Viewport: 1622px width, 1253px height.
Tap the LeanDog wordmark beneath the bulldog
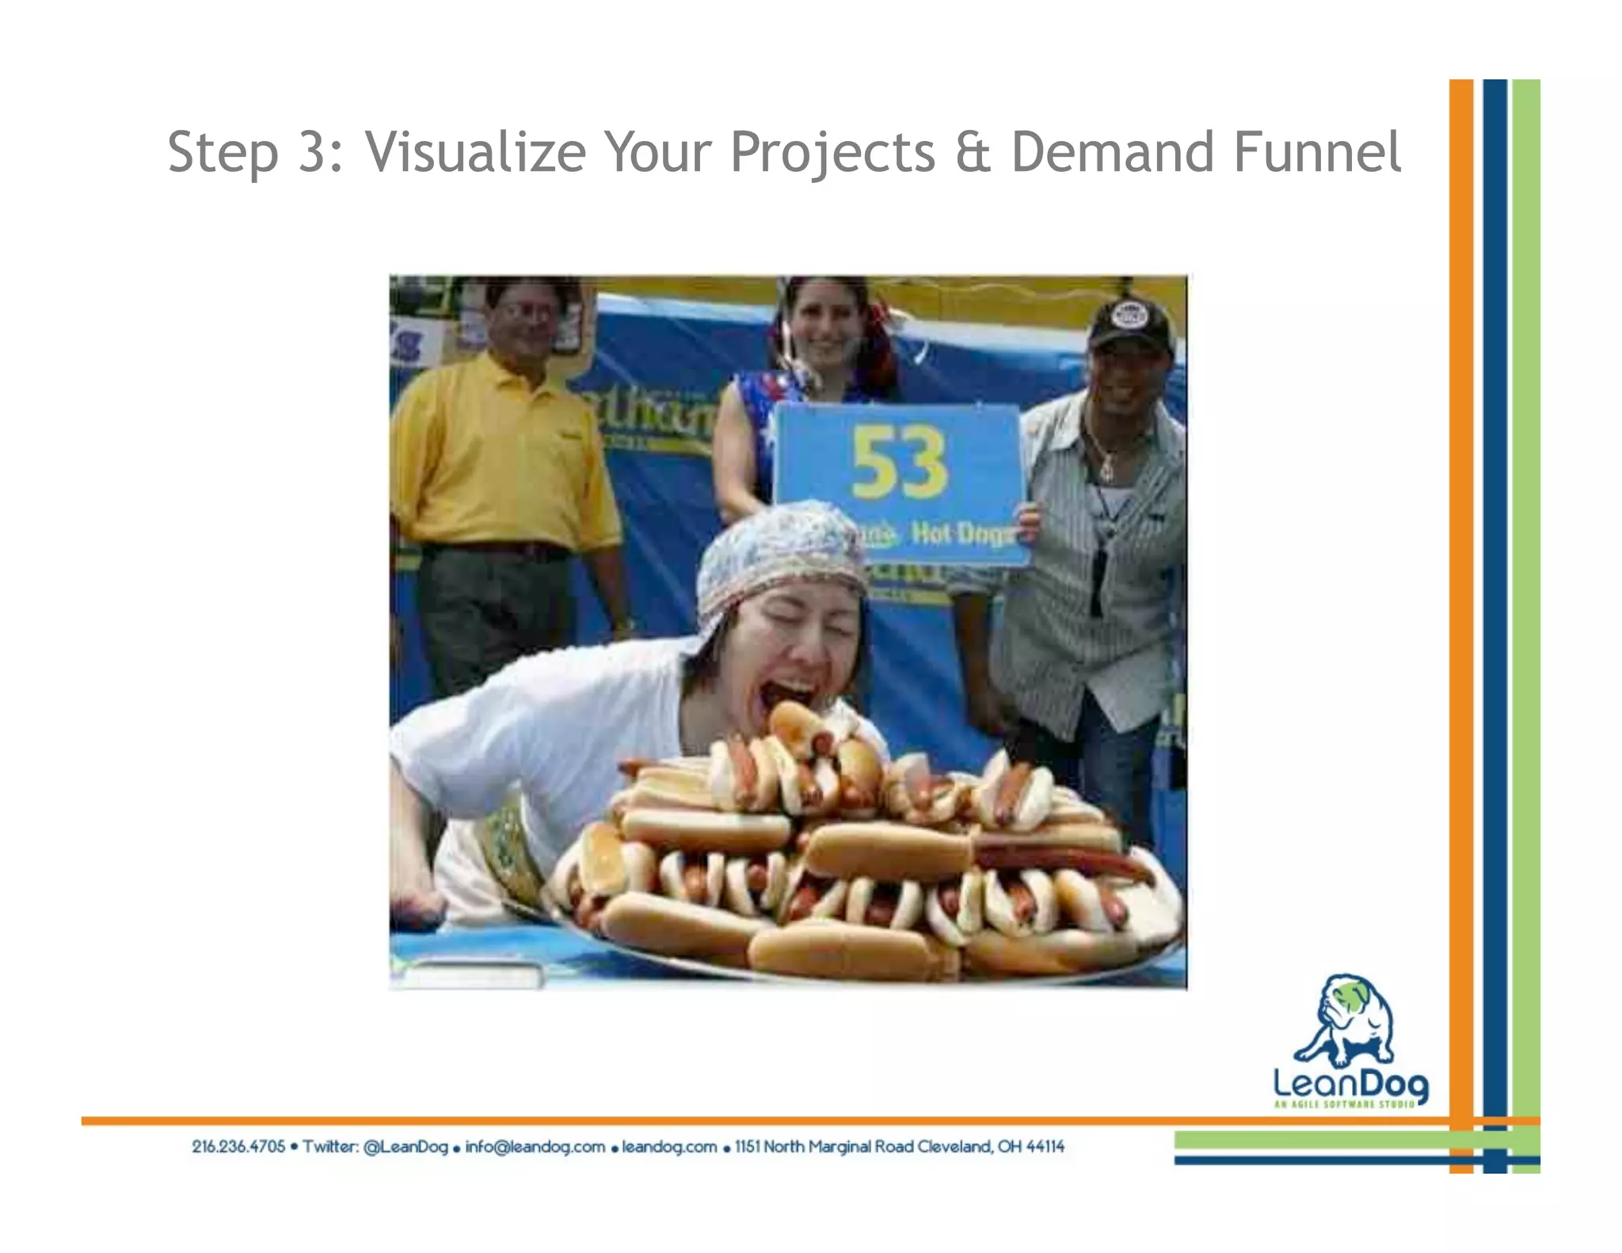point(1350,1084)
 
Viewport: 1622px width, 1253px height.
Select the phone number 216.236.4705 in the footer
point(238,1146)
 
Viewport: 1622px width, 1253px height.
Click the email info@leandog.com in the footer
point(535,1146)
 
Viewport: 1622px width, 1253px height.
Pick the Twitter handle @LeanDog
point(405,1146)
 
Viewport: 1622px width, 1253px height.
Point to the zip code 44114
point(1045,1146)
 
